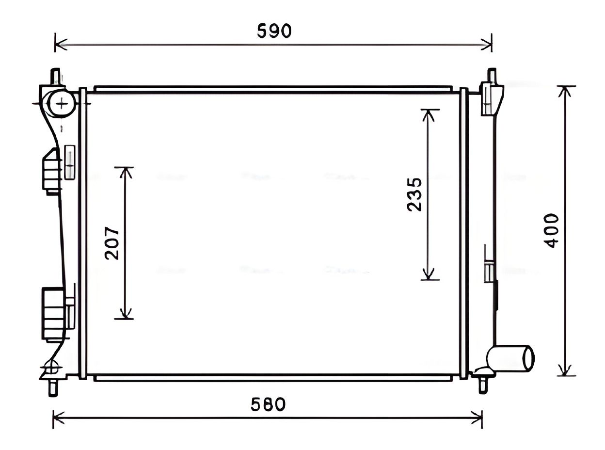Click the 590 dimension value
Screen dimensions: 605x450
tap(274, 31)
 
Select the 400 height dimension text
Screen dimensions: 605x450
tap(551, 231)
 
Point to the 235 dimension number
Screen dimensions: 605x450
tap(414, 194)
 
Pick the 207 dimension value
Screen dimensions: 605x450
tap(112, 243)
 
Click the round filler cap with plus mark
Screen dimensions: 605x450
tap(62, 104)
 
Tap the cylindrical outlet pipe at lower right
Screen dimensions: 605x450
tap(510, 358)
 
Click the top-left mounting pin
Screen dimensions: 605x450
tap(56, 77)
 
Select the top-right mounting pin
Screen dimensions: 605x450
tap(492, 76)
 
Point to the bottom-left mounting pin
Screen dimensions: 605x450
tap(53, 387)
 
